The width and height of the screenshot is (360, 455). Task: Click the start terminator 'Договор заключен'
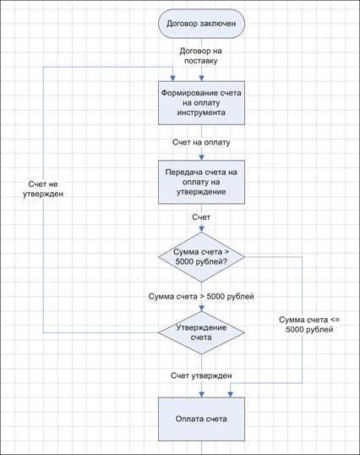201,24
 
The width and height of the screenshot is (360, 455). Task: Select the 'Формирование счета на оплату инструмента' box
201,102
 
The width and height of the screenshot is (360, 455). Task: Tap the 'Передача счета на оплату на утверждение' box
201,182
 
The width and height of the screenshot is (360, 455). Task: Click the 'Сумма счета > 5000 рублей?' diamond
201,257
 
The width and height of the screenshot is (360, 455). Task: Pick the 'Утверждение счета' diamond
201,332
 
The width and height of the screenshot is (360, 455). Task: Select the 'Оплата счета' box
201,419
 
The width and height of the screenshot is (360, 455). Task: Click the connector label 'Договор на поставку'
201,56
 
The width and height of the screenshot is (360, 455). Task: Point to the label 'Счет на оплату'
201,142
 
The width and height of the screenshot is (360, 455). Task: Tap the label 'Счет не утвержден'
43,189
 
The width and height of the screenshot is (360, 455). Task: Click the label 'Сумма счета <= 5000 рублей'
309,325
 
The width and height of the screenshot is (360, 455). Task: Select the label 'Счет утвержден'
201,376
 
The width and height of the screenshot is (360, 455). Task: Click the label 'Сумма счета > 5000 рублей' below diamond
201,296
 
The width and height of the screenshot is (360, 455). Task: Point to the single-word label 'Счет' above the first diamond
201,217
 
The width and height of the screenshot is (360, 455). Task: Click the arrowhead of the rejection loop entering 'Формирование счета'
172,79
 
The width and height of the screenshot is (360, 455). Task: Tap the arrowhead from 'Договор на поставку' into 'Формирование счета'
201,79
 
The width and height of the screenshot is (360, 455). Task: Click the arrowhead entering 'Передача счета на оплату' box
201,157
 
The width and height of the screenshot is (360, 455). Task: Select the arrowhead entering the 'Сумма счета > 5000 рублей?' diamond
201,229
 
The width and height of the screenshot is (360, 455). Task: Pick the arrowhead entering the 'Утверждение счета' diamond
201,309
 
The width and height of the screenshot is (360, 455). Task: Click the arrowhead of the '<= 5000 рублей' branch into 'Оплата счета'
230,395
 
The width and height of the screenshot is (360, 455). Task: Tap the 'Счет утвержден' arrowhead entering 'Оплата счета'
201,395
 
